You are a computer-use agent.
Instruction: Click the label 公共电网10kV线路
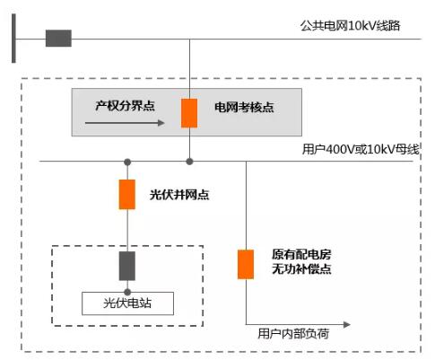click(350, 26)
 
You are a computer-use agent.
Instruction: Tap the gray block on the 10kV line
click(58, 39)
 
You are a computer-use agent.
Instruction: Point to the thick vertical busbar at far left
click(13, 39)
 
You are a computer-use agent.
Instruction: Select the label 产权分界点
click(125, 106)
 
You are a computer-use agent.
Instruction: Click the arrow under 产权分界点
click(125, 123)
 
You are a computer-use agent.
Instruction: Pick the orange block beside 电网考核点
click(189, 113)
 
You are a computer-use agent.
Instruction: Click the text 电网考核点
click(244, 107)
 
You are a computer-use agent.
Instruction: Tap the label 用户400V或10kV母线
click(361, 149)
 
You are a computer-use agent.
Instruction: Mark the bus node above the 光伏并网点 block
click(127, 162)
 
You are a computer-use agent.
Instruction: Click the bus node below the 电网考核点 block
click(189, 162)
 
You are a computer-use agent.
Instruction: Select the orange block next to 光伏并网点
click(127, 195)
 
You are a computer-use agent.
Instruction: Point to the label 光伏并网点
click(179, 195)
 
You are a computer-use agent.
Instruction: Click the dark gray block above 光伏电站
click(127, 266)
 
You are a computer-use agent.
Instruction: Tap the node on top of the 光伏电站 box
click(127, 292)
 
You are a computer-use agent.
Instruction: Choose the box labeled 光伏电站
click(127, 303)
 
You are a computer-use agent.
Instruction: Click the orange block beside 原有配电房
click(246, 265)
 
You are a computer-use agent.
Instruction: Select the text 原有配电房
click(301, 255)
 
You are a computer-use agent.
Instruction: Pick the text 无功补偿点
click(301, 269)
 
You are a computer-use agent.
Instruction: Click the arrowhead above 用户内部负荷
click(347, 325)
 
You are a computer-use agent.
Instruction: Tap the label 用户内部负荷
click(293, 333)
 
